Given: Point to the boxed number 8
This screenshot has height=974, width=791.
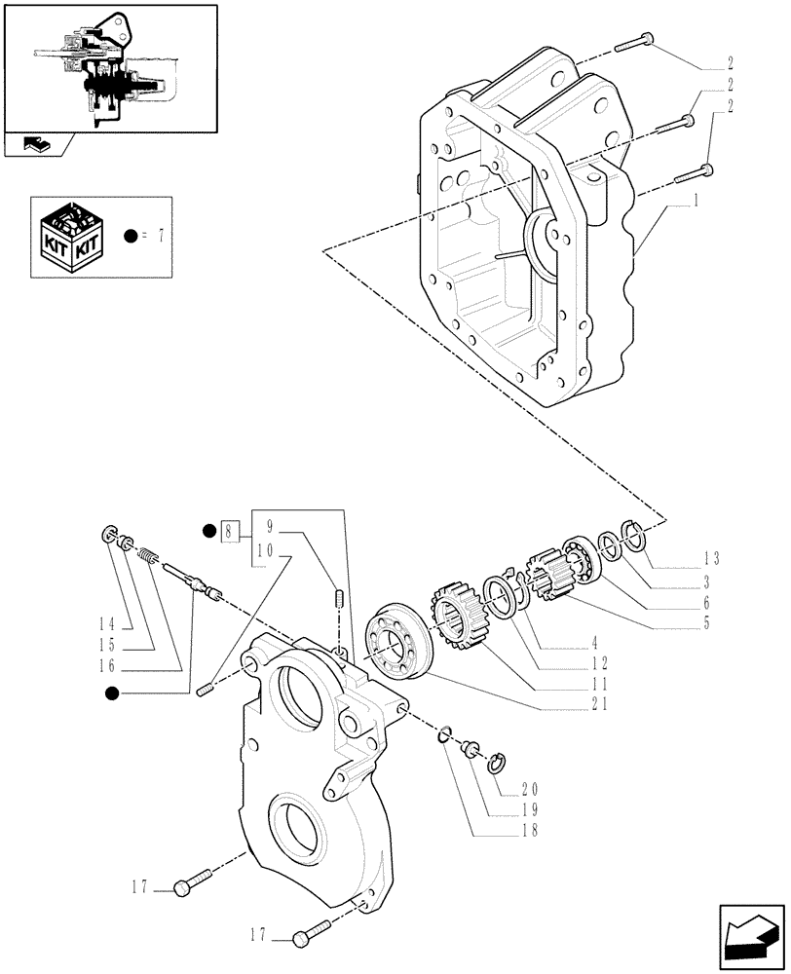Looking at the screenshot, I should click(229, 531).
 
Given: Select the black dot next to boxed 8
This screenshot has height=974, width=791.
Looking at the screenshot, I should click(207, 531).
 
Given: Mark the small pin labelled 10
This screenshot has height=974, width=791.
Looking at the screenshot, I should click(205, 692).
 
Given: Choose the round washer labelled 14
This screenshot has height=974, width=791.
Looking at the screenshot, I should click(110, 535).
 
